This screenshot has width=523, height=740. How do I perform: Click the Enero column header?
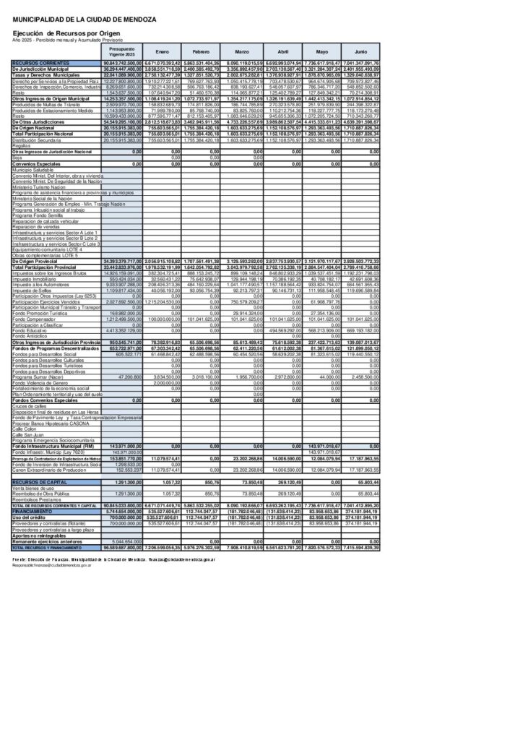[163, 52]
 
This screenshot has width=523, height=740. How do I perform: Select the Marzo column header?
[243, 52]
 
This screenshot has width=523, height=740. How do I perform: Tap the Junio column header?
[361, 52]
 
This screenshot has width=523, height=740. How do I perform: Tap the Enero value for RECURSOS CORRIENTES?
[162, 64]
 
